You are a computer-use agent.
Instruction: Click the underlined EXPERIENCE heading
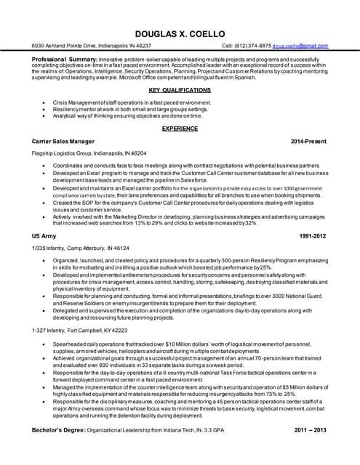click(x=180, y=128)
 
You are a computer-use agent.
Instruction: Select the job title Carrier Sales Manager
click(x=63, y=139)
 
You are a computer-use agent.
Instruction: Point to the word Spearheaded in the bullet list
click(x=71, y=342)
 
